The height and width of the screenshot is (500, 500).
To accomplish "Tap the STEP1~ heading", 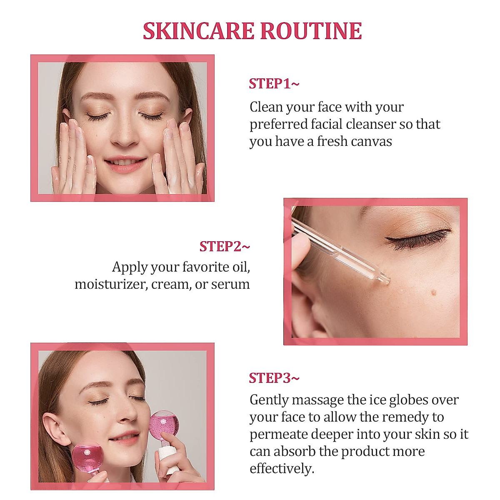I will [x=274, y=84].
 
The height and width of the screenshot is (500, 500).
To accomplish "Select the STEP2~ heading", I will [x=225, y=246].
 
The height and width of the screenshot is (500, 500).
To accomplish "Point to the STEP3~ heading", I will [x=274, y=378].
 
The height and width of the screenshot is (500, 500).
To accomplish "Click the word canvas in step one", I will [x=371, y=141].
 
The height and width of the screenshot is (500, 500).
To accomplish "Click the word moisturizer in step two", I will [x=110, y=284].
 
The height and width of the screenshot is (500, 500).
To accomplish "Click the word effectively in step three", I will [x=282, y=469].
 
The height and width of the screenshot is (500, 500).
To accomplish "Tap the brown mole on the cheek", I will [x=433, y=292].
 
